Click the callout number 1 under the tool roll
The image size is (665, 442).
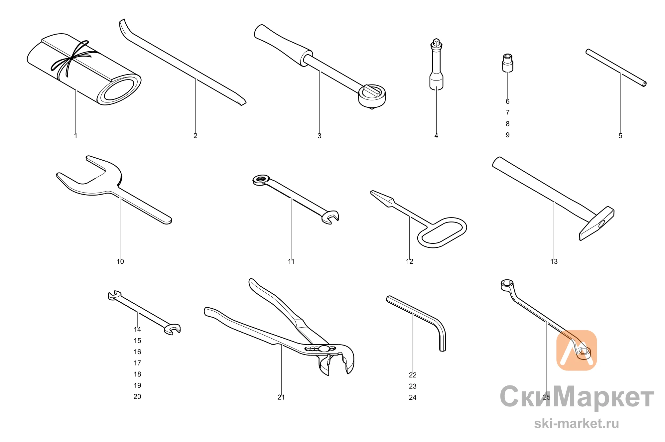tap(76, 136)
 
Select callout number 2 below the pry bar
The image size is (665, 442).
tap(196, 136)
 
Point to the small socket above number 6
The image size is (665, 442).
tap(507, 63)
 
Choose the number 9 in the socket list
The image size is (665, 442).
tap(508, 135)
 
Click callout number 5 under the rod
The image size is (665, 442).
tap(620, 136)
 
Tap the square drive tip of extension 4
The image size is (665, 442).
tap(436, 42)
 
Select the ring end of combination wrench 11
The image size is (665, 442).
tap(261, 180)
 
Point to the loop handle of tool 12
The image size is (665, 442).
tap(442, 232)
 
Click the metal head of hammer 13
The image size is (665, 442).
tap(597, 223)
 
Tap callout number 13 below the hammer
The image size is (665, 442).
tap(554, 261)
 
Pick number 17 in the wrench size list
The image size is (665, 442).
tap(137, 363)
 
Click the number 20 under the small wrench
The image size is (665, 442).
tap(137, 396)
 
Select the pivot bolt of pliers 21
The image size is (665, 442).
tap(323, 349)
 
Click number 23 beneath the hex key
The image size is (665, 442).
tap(413, 386)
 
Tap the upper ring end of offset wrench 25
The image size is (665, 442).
tap(507, 285)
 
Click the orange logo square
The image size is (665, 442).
tap(577, 350)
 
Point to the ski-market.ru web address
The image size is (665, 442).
tap(577, 424)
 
